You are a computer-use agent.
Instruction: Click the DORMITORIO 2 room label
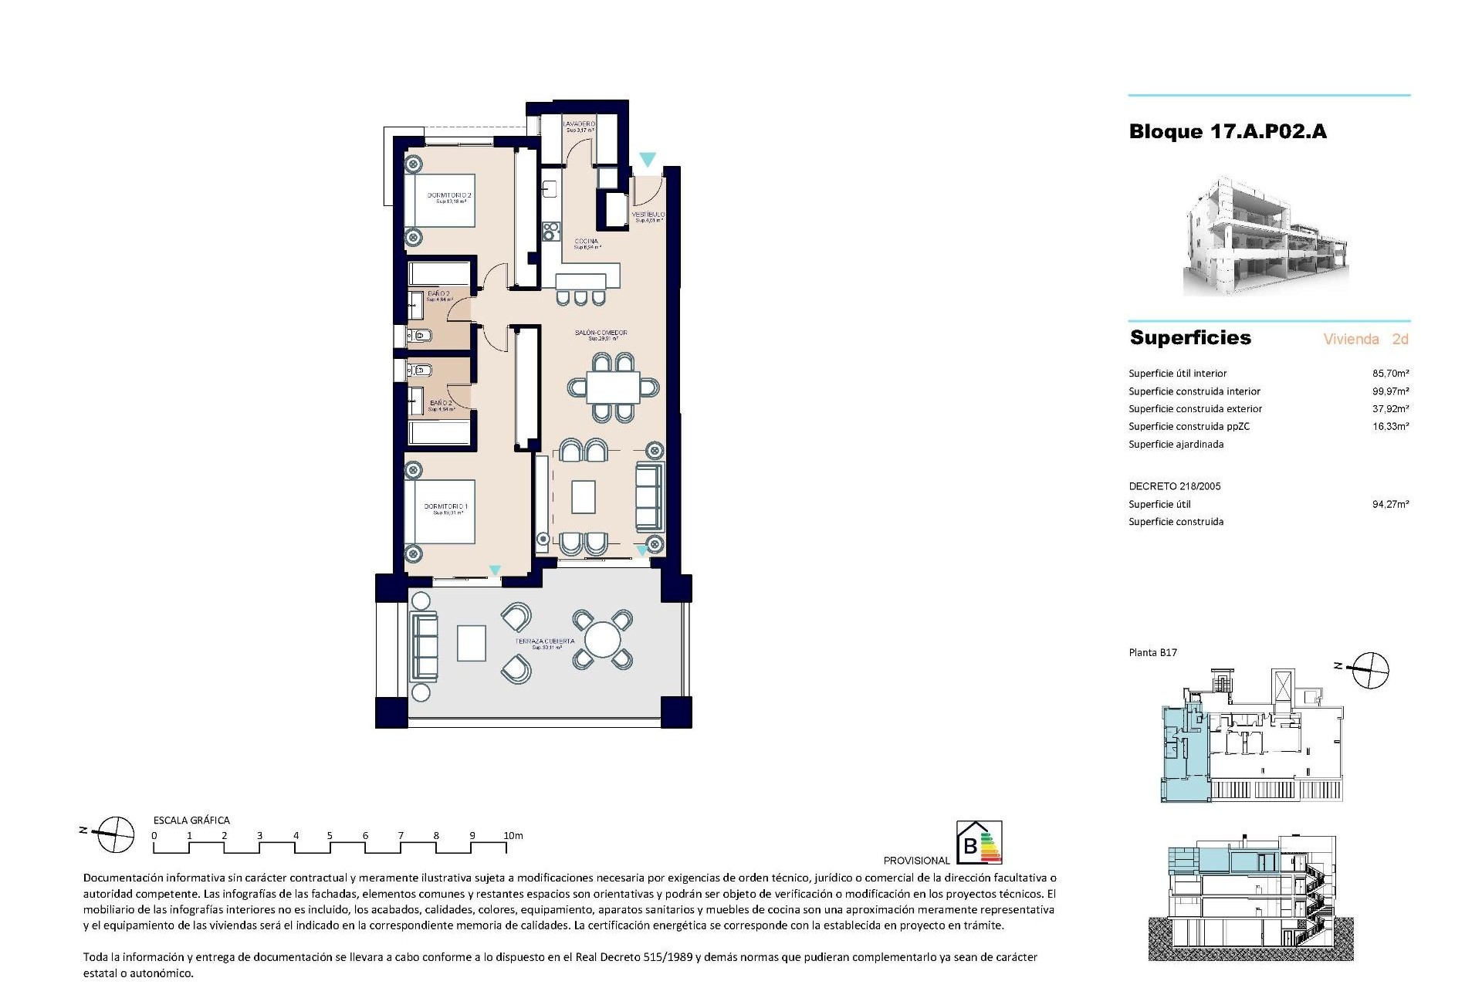point(449,196)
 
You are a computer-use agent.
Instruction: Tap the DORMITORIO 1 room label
point(445,507)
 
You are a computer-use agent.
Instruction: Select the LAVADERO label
point(579,124)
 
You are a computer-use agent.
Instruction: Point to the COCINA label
point(587,242)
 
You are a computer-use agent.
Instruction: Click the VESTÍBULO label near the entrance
point(648,215)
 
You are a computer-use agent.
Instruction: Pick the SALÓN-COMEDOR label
point(601,333)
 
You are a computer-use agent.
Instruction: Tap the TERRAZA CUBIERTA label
point(546,641)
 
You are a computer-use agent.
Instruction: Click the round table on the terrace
point(602,640)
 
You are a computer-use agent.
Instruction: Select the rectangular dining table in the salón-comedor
point(613,387)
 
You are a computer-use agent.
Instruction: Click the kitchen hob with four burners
point(552,229)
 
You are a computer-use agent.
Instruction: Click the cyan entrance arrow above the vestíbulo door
point(648,160)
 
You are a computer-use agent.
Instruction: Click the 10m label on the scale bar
point(513,836)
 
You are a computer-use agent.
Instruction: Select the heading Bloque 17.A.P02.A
point(1227,132)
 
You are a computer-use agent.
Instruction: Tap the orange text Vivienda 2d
point(1365,339)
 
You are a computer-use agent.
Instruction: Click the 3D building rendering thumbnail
point(1266,236)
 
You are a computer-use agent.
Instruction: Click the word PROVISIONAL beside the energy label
point(916,861)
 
